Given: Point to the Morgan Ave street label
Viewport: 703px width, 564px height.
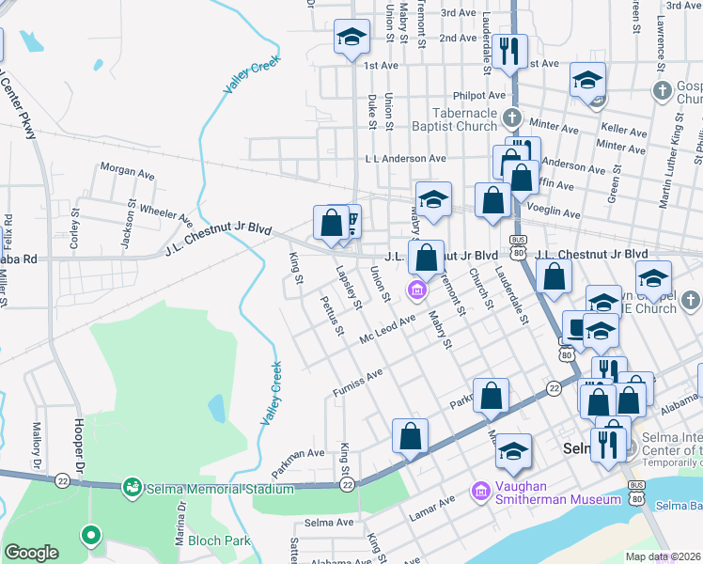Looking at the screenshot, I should coord(127,174).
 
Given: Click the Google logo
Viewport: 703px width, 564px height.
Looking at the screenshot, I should coord(31,553).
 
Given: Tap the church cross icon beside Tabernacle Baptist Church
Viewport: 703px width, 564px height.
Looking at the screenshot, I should coord(510,118).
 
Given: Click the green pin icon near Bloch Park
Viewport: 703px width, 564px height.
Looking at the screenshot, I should coord(90,536).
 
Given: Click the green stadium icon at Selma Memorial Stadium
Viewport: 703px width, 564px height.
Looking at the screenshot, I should coord(133,486).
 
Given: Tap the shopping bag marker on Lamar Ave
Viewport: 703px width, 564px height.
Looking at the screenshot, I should coord(410,436).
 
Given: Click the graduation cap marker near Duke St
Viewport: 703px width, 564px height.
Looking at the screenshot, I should coord(351,39).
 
